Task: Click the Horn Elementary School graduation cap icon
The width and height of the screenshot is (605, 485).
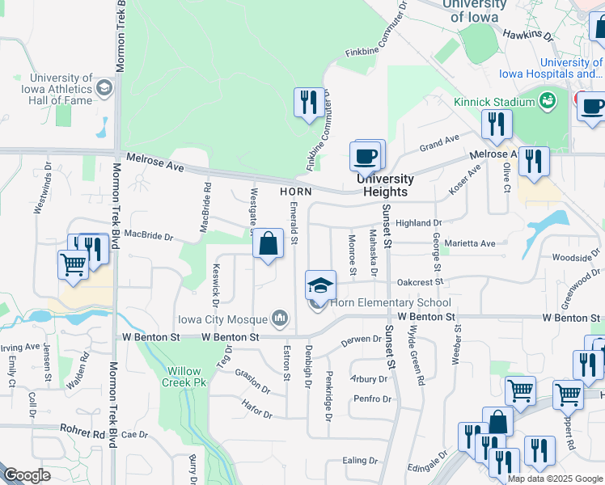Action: tap(320, 285)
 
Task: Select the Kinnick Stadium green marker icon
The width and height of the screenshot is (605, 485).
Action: tap(548, 101)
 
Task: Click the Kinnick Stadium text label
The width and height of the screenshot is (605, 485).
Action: tap(493, 102)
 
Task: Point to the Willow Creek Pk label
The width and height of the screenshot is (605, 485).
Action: tap(184, 376)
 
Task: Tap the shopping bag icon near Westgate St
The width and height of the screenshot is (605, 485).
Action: tap(268, 244)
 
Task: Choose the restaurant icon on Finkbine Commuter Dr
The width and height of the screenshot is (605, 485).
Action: tap(308, 103)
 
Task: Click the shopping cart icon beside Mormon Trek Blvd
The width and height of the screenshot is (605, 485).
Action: tap(74, 264)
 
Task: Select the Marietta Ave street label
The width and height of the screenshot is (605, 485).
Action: tap(476, 242)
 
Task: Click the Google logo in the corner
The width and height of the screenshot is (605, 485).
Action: tap(26, 475)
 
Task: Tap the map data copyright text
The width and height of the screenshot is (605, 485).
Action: tap(555, 479)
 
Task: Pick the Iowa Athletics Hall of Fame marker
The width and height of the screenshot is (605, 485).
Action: tap(104, 89)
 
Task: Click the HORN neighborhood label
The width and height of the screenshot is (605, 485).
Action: tap(295, 192)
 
